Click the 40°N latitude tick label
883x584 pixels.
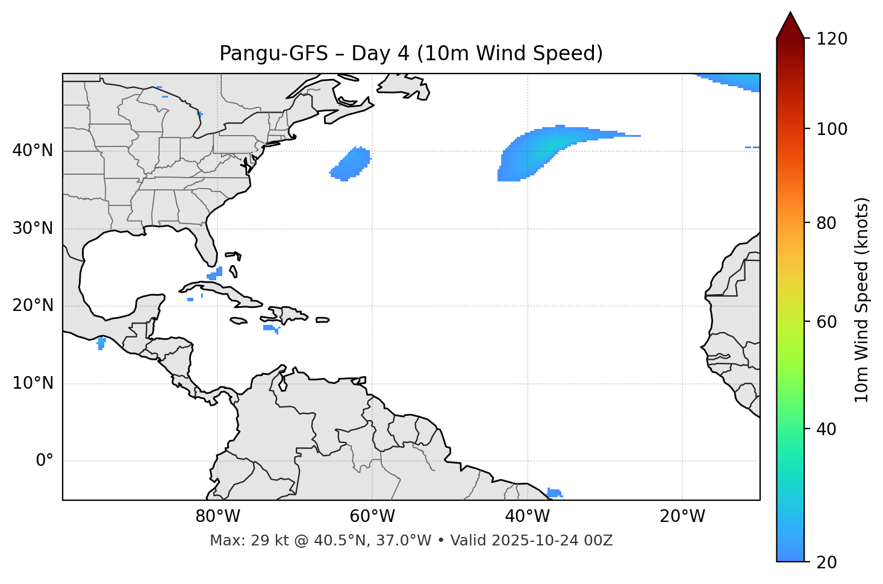pyautogui.click(x=33, y=151)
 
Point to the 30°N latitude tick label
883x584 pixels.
pyautogui.click(x=33, y=228)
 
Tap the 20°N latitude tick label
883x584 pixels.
pyautogui.click(x=33, y=306)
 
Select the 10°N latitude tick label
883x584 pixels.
pyautogui.click(x=33, y=383)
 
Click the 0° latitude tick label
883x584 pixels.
pyautogui.click(x=45, y=461)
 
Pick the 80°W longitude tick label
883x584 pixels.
pyautogui.click(x=217, y=516)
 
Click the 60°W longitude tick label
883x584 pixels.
pyautogui.click(x=372, y=516)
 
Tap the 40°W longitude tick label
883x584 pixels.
pyautogui.click(x=527, y=516)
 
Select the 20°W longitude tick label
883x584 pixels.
pyautogui.click(x=682, y=516)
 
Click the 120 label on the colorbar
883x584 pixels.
pyautogui.click(x=831, y=39)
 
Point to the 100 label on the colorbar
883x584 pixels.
pyautogui.click(x=831, y=129)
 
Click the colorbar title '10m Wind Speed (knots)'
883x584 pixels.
pyautogui.click(x=862, y=300)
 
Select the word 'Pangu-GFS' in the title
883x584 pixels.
pyautogui.click(x=273, y=54)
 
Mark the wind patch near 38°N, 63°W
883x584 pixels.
pyautogui.click(x=351, y=164)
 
